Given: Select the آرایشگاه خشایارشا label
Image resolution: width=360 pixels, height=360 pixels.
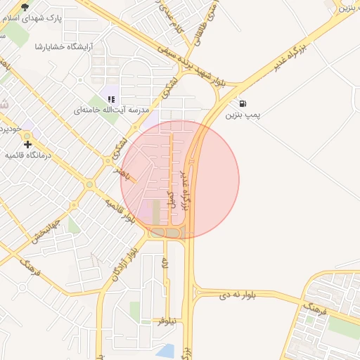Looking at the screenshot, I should [x=69, y=46].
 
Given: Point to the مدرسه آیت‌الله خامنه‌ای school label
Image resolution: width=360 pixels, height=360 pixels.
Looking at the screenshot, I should [x=106, y=110].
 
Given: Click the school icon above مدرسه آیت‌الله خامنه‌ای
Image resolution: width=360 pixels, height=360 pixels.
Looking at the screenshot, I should [x=111, y=99].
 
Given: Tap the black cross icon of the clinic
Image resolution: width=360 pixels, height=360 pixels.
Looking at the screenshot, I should [x=27, y=143].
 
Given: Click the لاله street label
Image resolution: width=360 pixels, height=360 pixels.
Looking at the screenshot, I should [x=165, y=264].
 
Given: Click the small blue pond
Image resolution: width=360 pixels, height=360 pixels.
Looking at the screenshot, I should [x=165, y=350].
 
